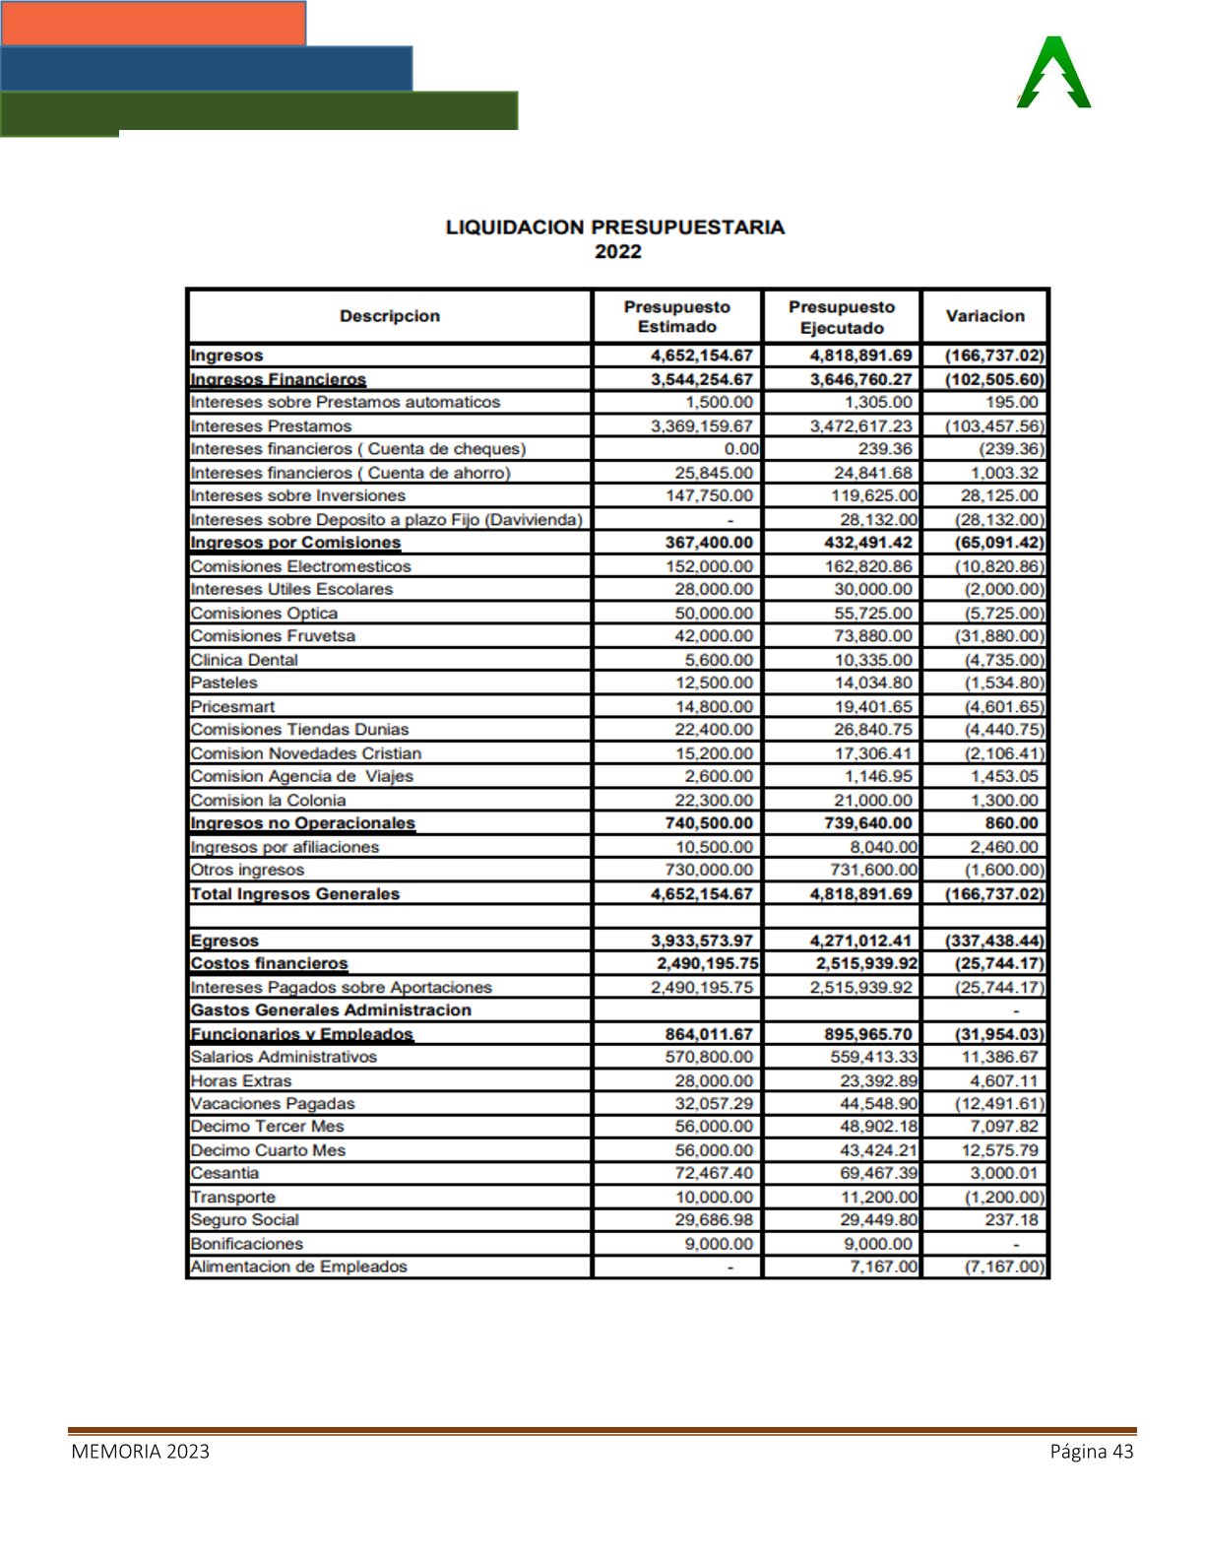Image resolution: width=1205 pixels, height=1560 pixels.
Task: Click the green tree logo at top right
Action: (1054, 73)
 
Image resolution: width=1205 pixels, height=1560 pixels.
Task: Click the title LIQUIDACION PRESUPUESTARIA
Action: (615, 227)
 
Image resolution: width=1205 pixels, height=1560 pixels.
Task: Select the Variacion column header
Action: (984, 316)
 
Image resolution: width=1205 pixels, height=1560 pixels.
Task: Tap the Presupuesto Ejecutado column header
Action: (842, 317)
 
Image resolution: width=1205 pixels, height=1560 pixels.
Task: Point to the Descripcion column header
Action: (390, 316)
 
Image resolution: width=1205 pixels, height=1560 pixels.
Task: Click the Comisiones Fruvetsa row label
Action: (273, 636)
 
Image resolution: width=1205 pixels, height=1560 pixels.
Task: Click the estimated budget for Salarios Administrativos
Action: (709, 1057)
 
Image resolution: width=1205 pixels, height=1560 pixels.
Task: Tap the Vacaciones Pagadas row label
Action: (273, 1104)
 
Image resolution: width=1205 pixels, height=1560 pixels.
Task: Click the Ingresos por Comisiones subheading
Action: (295, 543)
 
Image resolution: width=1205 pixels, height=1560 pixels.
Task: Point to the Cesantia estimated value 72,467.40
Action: (714, 1173)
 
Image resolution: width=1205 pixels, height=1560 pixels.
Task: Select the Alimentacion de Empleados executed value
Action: (883, 1267)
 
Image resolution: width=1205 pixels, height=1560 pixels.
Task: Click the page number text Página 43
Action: (1091, 1452)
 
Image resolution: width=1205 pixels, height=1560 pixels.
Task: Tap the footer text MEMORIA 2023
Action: (140, 1452)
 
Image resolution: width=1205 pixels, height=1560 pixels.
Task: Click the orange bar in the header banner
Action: (153, 23)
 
